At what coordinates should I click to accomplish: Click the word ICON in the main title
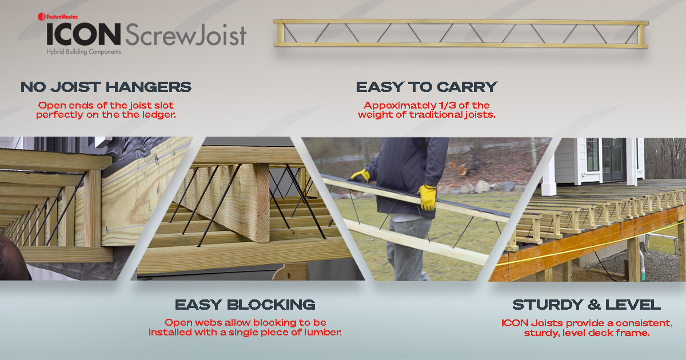83,35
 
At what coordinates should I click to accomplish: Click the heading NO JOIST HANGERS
106,87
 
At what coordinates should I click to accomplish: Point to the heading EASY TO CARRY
426,87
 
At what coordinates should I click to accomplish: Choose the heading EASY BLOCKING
245,304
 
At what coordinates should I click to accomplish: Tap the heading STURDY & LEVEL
587,304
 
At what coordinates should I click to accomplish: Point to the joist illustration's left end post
278,34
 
